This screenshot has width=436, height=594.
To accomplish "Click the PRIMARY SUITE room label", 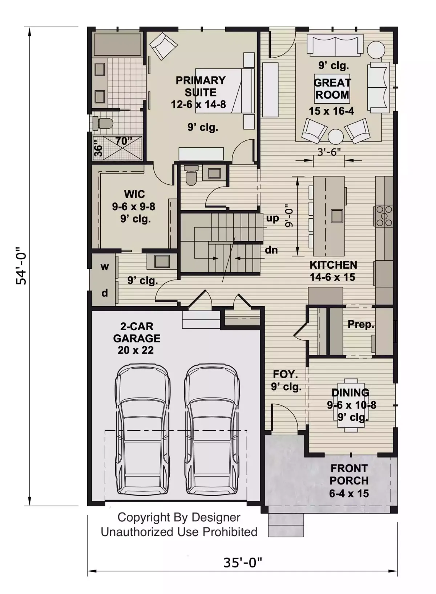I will pos(200,86).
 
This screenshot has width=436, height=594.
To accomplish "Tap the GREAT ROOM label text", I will pos(332,89).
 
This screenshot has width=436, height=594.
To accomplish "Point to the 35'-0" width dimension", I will pos(242,563).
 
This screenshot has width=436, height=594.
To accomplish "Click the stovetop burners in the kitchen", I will pos(384,215).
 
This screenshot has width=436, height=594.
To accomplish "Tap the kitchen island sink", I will pos(336,216).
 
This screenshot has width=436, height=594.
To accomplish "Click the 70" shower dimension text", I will pos(124,141).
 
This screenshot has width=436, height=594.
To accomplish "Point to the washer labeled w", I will pos(105,267).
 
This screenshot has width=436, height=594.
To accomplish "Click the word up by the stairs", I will pos(272,218).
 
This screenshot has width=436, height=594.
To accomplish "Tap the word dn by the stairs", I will pos(271,250).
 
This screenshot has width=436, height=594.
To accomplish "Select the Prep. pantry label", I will pos(360,324).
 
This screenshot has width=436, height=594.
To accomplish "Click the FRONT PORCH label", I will pos(349,474).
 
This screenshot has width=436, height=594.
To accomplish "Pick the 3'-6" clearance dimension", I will pos(329,152).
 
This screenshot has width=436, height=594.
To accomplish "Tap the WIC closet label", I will pos(134,194).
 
